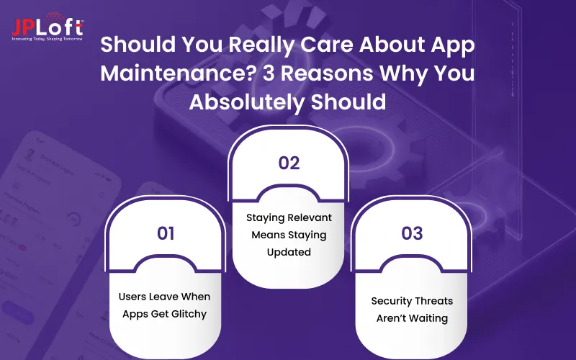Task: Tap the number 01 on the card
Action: pyautogui.click(x=166, y=233)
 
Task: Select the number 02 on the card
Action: pyautogui.click(x=289, y=163)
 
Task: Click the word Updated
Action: pyautogui.click(x=289, y=252)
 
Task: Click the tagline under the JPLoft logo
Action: pyautogui.click(x=48, y=38)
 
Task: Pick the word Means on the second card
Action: pyautogui.click(x=268, y=235)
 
